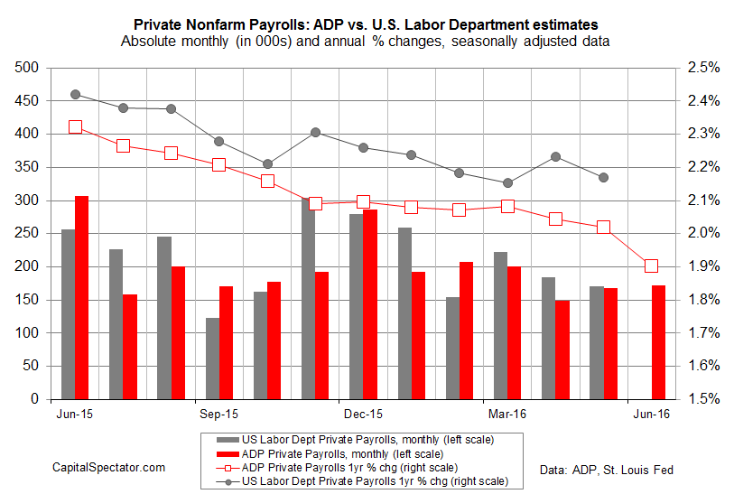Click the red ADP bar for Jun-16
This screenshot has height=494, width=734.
(658, 341)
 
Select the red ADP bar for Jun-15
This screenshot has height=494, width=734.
(81, 297)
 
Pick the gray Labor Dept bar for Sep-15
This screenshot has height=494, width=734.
(212, 358)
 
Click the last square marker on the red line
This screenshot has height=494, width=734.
(651, 266)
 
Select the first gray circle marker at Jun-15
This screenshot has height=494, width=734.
(75, 94)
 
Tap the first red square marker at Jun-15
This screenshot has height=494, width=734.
(75, 127)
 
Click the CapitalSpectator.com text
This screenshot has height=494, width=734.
(108, 466)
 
